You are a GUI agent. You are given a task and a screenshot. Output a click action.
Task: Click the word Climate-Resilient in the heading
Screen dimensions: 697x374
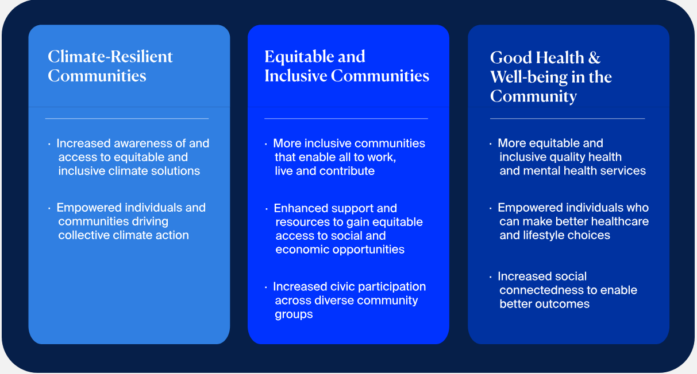(x=110, y=57)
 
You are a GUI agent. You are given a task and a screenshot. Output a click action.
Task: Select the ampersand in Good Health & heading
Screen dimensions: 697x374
(x=594, y=57)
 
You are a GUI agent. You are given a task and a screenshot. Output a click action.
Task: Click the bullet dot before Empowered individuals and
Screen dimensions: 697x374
(x=49, y=208)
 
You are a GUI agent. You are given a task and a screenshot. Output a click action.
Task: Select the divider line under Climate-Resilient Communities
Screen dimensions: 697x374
(x=127, y=118)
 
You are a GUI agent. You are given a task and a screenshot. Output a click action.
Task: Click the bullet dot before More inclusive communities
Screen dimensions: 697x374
(x=265, y=144)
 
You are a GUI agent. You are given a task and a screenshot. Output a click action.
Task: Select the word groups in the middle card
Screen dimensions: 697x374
(x=294, y=314)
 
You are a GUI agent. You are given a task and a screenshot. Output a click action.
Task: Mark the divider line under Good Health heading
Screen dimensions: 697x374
(x=568, y=118)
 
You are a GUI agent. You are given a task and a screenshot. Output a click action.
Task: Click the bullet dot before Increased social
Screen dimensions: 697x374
(x=490, y=277)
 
